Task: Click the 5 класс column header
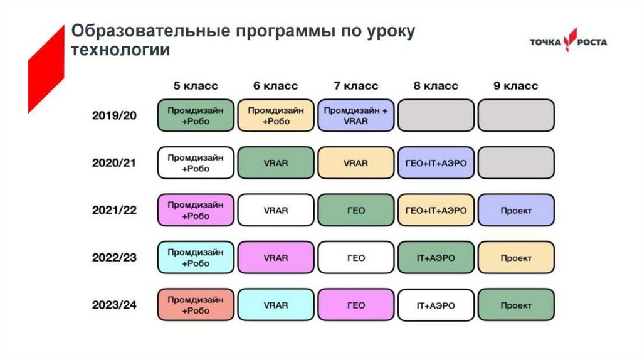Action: pos(196,86)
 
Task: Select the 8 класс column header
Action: pos(436,86)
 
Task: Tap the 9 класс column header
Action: pos(516,86)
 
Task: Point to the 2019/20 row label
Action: pos(115,115)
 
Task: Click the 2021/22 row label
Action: pos(115,210)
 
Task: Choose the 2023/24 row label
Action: pos(115,305)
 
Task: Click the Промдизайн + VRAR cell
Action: pos(356,115)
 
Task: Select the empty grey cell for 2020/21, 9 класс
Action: pos(516,163)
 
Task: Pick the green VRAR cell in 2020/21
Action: pos(276,163)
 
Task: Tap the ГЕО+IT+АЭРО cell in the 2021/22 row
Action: pos(436,210)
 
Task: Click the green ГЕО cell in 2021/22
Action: pos(356,210)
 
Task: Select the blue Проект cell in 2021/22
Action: pos(516,210)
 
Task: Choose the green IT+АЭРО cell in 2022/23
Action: pos(436,258)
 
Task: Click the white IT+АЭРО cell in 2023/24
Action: pos(436,305)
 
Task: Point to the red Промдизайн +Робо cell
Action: pos(196,305)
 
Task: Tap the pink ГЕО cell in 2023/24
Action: pos(356,305)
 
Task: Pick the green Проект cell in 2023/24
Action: pos(516,305)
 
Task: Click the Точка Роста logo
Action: pos(568,43)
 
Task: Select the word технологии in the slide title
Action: pos(120,50)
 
